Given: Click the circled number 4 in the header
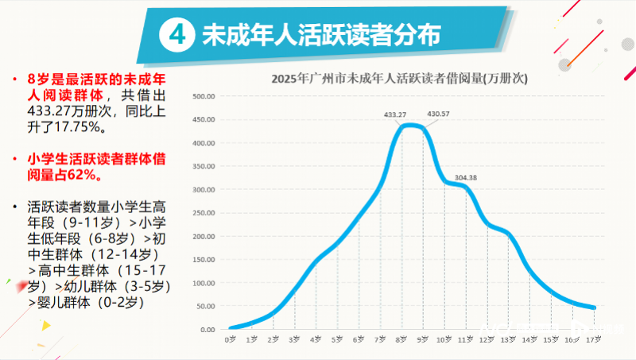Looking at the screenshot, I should [177, 35].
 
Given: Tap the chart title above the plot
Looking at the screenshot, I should [400, 79].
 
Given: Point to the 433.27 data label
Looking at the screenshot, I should [395, 114].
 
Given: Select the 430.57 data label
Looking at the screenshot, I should [438, 114].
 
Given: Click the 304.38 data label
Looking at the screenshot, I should [466, 176].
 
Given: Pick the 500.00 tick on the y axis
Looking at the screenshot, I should [204, 97].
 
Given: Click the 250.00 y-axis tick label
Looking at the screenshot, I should [204, 213].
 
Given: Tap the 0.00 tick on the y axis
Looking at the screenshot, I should [207, 330].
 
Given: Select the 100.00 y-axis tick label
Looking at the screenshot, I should [204, 283].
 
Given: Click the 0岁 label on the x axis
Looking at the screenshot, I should [231, 339].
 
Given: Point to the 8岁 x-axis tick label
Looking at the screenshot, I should [402, 339].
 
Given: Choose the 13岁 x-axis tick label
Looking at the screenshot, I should [509, 339].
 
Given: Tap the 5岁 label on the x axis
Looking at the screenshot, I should [338, 339].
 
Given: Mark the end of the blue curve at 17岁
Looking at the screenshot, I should [593, 308].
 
